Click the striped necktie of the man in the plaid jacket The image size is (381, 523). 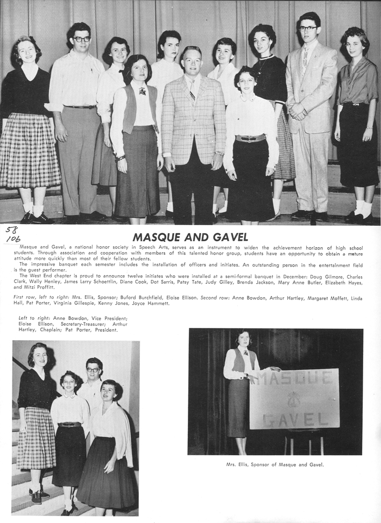click(x=192, y=89)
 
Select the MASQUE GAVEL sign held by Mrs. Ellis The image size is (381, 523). click(x=293, y=398)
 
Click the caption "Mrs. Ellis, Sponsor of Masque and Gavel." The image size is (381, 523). click(x=275, y=464)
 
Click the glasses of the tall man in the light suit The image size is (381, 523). click(x=308, y=28)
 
